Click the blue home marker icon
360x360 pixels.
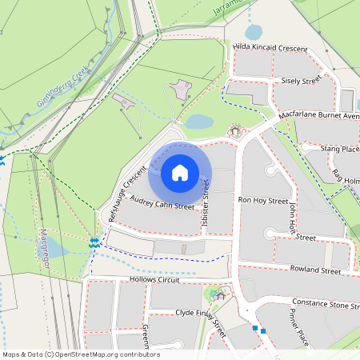point(179,173)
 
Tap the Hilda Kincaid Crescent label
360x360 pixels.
point(270,49)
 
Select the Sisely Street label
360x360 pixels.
point(301,80)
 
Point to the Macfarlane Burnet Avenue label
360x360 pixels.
point(320,115)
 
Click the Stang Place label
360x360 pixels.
point(339,149)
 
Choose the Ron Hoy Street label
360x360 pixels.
point(263,200)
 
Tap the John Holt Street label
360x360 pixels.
point(294,222)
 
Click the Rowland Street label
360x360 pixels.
point(316,270)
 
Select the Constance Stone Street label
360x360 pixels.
point(326,304)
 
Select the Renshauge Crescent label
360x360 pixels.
point(128,192)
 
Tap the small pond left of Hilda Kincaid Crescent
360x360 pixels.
point(253,32)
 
